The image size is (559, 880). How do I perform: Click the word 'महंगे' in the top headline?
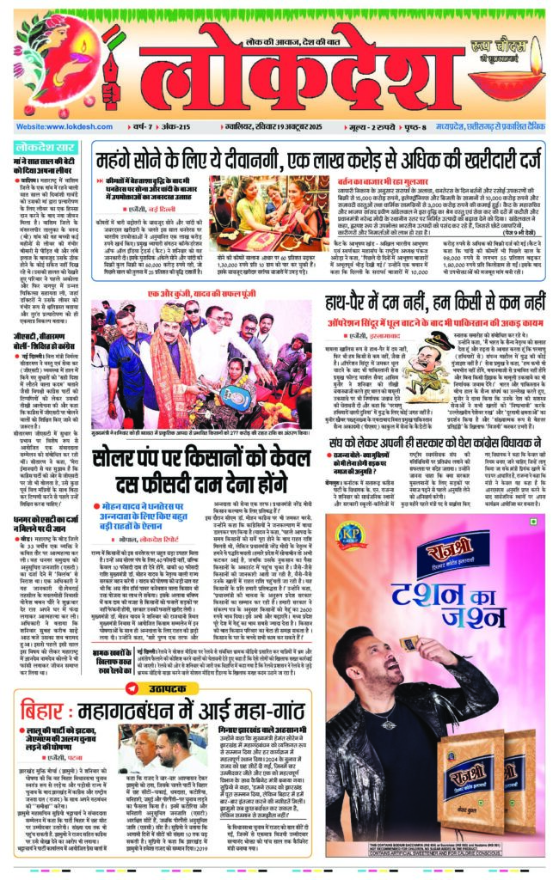click(x=122, y=158)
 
